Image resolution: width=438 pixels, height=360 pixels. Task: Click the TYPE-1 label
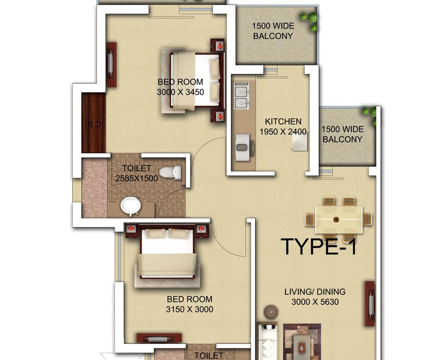(319, 246)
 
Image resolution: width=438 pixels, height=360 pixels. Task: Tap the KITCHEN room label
(283, 122)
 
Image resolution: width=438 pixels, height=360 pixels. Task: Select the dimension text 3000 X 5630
(315, 302)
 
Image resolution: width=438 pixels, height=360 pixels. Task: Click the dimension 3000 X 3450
(180, 92)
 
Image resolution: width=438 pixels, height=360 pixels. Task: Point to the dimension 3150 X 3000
(189, 309)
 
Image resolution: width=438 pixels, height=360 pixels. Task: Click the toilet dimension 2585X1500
(137, 178)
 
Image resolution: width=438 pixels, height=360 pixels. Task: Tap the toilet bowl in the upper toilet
(170, 172)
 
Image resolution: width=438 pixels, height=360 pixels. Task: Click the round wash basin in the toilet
(131, 206)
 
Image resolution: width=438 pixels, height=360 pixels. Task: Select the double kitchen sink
(241, 95)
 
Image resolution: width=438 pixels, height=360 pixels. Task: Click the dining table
(339, 219)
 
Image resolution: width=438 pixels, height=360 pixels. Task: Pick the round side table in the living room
(271, 312)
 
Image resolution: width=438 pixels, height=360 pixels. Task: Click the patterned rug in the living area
(302, 342)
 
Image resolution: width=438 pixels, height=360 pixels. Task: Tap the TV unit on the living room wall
(370, 304)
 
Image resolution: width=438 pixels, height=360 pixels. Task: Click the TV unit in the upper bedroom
(111, 65)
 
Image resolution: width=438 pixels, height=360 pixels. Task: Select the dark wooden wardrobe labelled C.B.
(93, 123)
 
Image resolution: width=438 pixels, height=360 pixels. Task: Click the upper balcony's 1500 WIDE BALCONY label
(273, 31)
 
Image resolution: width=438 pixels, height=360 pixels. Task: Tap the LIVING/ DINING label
(315, 292)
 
